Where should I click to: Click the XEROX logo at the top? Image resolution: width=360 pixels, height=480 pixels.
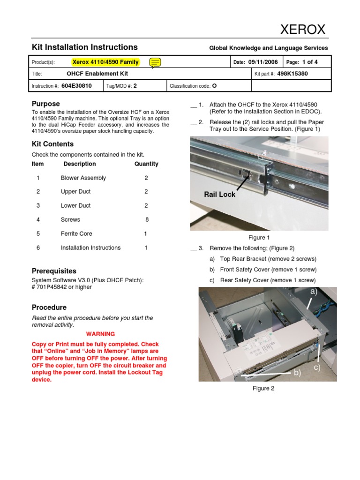click(302, 30)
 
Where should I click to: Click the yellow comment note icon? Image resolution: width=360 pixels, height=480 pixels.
click(156, 62)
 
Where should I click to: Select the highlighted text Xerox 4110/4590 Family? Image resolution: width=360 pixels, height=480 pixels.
click(105, 62)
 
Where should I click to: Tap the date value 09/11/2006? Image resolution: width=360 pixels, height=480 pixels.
click(263, 62)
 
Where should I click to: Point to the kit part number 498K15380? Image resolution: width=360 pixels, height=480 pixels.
click(293, 74)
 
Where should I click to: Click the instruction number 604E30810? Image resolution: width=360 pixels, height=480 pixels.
click(76, 86)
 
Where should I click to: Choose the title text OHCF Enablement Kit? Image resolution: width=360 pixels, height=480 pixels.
click(97, 74)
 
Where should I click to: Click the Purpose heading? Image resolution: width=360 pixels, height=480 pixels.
click(45, 104)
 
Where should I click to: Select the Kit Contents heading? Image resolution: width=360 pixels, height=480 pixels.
click(52, 144)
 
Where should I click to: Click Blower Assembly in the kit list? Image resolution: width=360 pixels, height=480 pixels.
click(83, 178)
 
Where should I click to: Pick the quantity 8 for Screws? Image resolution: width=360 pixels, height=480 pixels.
click(147, 219)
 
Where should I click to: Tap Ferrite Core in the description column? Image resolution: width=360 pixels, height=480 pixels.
click(76, 233)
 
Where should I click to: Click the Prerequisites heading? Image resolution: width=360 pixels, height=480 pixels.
click(54, 271)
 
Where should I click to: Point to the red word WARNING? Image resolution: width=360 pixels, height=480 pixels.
click(100, 334)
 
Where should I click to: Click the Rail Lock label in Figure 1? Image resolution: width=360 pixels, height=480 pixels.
click(219, 194)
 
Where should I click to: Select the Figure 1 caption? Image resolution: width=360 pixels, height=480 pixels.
click(259, 238)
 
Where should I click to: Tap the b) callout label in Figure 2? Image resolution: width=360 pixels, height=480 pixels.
click(297, 373)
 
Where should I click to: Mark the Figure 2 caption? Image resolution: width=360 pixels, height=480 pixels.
click(263, 388)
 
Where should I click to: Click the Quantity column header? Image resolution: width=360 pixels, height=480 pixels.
click(146, 164)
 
